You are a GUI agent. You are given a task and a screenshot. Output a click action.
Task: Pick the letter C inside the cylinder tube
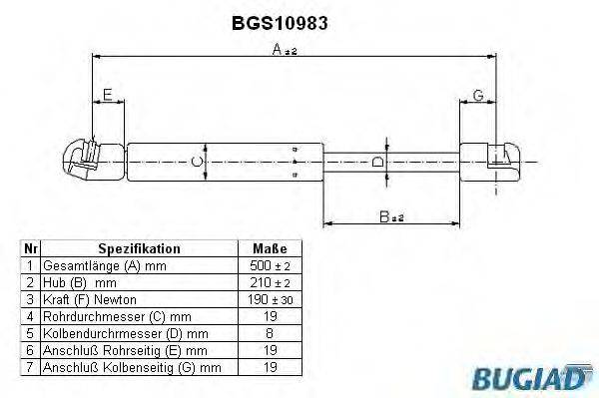point(198,160)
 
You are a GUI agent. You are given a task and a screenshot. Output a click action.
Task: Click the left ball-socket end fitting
point(86,160)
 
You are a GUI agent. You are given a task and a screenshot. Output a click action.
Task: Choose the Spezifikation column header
point(139,248)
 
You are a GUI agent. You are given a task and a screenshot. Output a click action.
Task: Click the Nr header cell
point(31,248)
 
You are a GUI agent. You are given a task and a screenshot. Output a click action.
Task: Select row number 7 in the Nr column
point(31,368)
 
